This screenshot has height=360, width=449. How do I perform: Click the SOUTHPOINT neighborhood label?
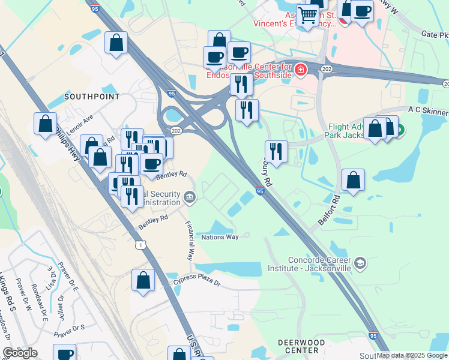(x=92, y=96)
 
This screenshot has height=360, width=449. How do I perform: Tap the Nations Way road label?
(x=220, y=237)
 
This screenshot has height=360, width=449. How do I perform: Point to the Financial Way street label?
(x=190, y=243)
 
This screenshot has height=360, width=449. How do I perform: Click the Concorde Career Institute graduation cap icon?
(x=360, y=263)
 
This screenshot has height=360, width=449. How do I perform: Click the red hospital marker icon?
(x=300, y=71)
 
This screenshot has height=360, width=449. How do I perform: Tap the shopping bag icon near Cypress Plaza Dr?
(x=143, y=280)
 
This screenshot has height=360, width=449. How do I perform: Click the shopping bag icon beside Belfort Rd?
(x=354, y=179)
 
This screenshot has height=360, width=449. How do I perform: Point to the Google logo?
(x=20, y=353)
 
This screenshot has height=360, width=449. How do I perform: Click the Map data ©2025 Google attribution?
(x=412, y=355)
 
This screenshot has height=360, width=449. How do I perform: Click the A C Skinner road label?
(x=427, y=111)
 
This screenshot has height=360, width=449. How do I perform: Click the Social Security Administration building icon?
(x=189, y=196)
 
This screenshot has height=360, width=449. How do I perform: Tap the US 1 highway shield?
(x=140, y=245)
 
